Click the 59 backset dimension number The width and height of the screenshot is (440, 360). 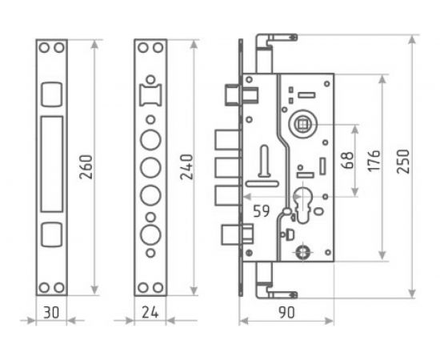point(262,212)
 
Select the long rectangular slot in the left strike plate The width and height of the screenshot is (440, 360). point(50,159)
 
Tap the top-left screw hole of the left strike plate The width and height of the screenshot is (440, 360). point(45,48)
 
